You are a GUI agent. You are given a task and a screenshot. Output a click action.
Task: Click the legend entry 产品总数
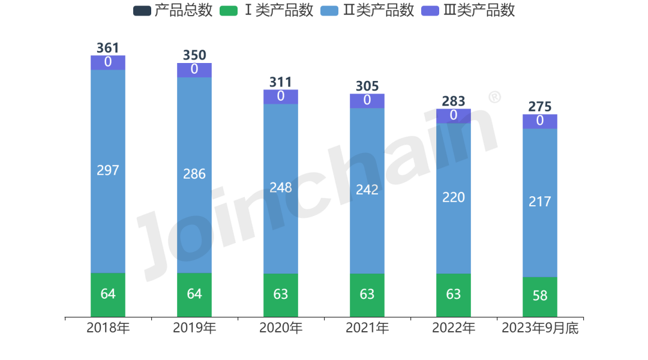pos(173,11)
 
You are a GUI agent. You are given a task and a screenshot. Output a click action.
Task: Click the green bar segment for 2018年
pos(108,295)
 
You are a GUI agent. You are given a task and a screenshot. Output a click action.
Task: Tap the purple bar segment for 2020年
pos(281,97)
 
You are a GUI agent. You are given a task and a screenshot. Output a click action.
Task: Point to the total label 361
pos(108,48)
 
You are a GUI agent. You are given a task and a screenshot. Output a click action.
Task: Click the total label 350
pos(194,56)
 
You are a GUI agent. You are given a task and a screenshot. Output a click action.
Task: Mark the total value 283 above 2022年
pos(454,101)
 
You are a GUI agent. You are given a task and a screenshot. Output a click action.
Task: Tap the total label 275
pos(540,107)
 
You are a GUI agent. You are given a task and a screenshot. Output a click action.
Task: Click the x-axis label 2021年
pos(367,328)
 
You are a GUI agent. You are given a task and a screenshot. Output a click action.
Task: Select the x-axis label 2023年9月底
pos(540,328)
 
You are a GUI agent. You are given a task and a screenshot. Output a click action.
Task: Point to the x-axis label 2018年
pos(108,328)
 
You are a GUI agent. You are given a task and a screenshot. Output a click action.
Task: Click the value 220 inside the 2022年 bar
pos(454,197)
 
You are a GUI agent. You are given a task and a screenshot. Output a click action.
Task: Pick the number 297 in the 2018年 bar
pos(108,170)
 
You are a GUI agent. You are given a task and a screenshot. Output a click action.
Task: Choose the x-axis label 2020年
pos(281,328)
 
